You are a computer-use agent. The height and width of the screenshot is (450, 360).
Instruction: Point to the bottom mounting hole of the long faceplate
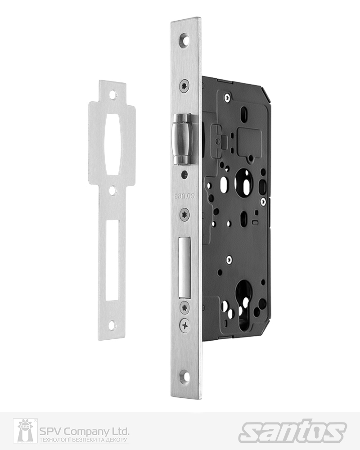tap(184, 378)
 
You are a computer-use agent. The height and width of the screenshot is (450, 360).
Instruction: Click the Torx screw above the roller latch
tap(184, 86)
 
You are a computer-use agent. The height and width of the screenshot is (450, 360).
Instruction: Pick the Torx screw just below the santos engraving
tap(184, 215)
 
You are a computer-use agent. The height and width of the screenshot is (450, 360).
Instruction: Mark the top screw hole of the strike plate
tap(112, 94)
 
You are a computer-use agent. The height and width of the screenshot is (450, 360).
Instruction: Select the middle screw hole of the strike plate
tap(112, 191)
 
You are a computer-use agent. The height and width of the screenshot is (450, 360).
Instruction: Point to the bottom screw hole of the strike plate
tap(112, 324)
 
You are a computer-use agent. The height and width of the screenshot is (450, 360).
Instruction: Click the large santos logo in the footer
tap(292, 431)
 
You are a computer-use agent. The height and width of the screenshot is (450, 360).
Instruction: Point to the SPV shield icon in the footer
tap(25, 431)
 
